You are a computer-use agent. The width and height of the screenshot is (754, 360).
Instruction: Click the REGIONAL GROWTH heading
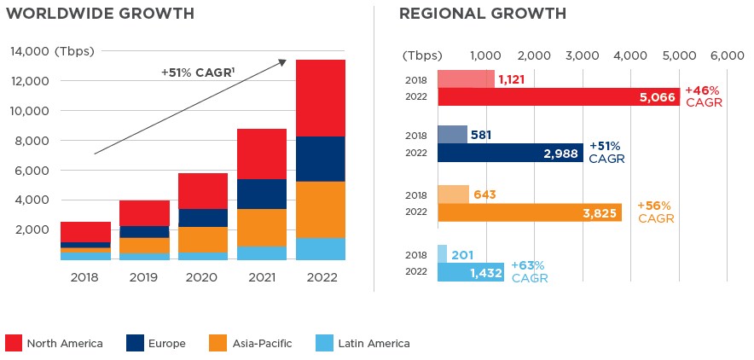[483, 14]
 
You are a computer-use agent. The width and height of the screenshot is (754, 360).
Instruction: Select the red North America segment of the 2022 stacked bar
[321, 98]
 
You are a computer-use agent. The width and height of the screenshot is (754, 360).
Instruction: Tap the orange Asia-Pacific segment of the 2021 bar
[262, 228]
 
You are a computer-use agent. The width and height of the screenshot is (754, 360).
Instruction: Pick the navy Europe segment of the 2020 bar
[203, 218]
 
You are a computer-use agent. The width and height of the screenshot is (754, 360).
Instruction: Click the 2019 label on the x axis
[144, 277]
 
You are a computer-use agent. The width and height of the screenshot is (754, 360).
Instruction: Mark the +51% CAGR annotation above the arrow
[197, 73]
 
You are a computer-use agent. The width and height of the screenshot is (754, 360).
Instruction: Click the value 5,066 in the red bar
[657, 97]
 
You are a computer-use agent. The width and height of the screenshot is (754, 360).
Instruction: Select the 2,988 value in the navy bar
[560, 154]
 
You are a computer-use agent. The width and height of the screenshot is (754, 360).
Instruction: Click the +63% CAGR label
[530, 272]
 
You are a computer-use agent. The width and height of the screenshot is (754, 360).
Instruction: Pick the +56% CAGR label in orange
[655, 212]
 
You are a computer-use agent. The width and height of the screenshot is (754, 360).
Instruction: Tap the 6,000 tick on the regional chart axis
[727, 55]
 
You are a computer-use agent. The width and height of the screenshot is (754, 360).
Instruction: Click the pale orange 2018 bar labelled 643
[453, 195]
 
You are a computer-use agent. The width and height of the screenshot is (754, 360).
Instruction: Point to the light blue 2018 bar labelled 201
[442, 253]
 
